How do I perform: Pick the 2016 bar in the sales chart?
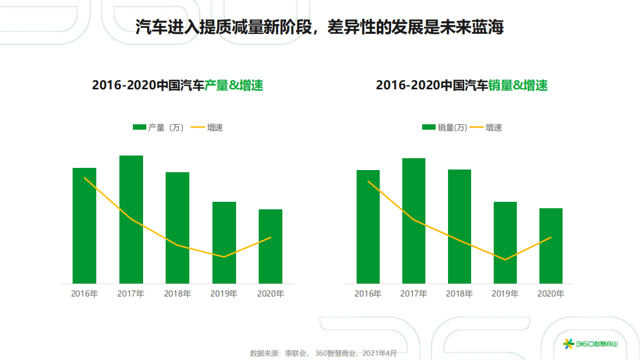tap(368, 227)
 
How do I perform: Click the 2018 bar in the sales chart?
tap(459, 226)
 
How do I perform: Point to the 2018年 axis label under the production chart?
tap(177, 294)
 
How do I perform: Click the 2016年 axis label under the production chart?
tap(84, 294)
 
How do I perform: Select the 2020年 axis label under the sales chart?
tap(551, 294)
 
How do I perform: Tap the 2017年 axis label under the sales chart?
tap(414, 294)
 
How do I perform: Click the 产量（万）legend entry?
tap(159, 128)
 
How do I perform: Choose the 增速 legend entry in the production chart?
tap(207, 128)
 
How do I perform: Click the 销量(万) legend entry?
tap(444, 128)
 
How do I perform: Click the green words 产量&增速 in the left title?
tap(234, 85)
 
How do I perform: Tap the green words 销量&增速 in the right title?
tap(518, 85)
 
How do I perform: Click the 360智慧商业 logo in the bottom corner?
tap(590, 344)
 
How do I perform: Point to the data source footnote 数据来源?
tap(323, 353)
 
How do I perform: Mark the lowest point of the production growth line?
tap(224, 257)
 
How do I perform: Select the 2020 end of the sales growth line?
tap(551, 237)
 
